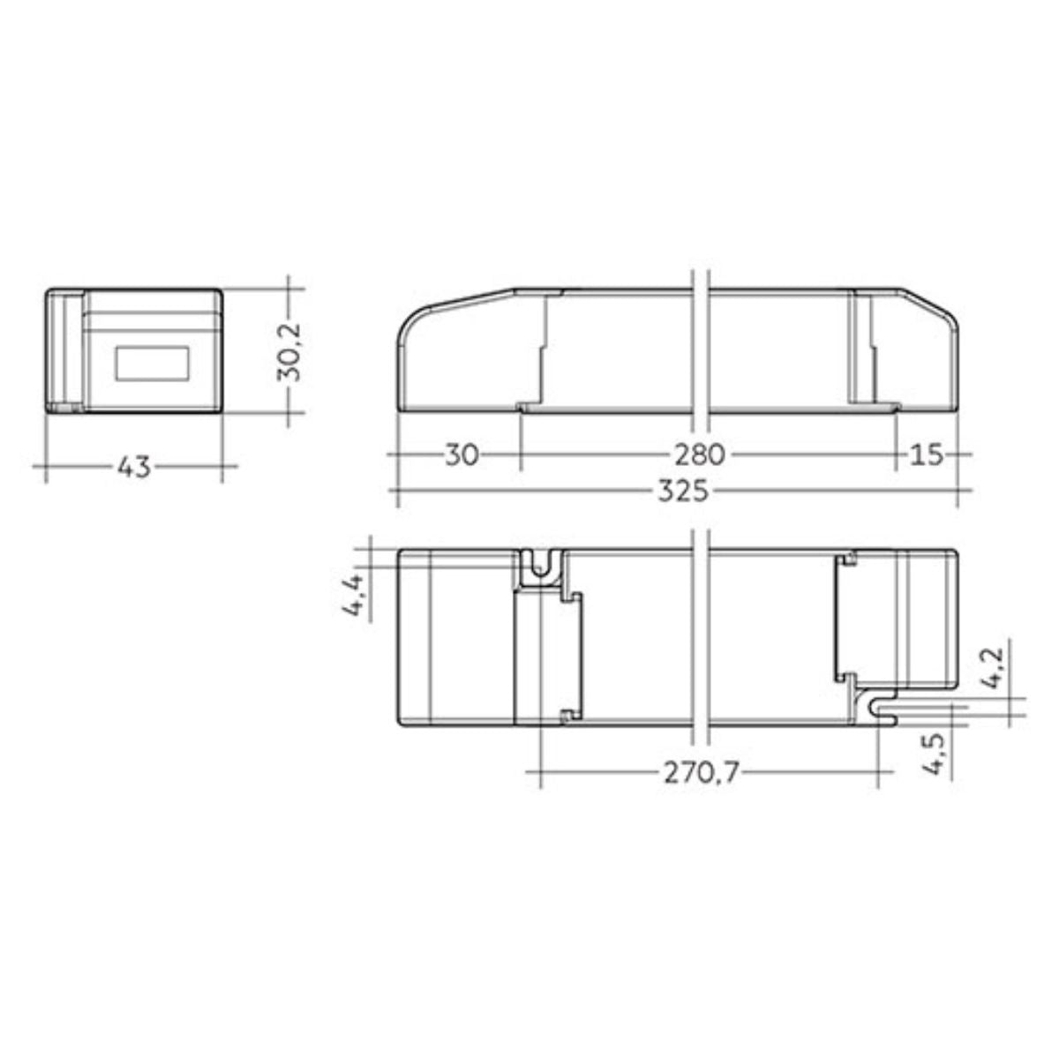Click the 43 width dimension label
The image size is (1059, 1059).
[x=134, y=466]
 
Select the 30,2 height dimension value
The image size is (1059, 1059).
[x=289, y=352]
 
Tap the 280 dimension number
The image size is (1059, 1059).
[x=700, y=455]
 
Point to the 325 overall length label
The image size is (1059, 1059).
[x=684, y=491]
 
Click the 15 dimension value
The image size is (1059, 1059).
[x=927, y=455]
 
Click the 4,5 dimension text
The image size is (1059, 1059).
[x=938, y=755]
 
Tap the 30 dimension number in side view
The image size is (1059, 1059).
[x=462, y=455]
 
